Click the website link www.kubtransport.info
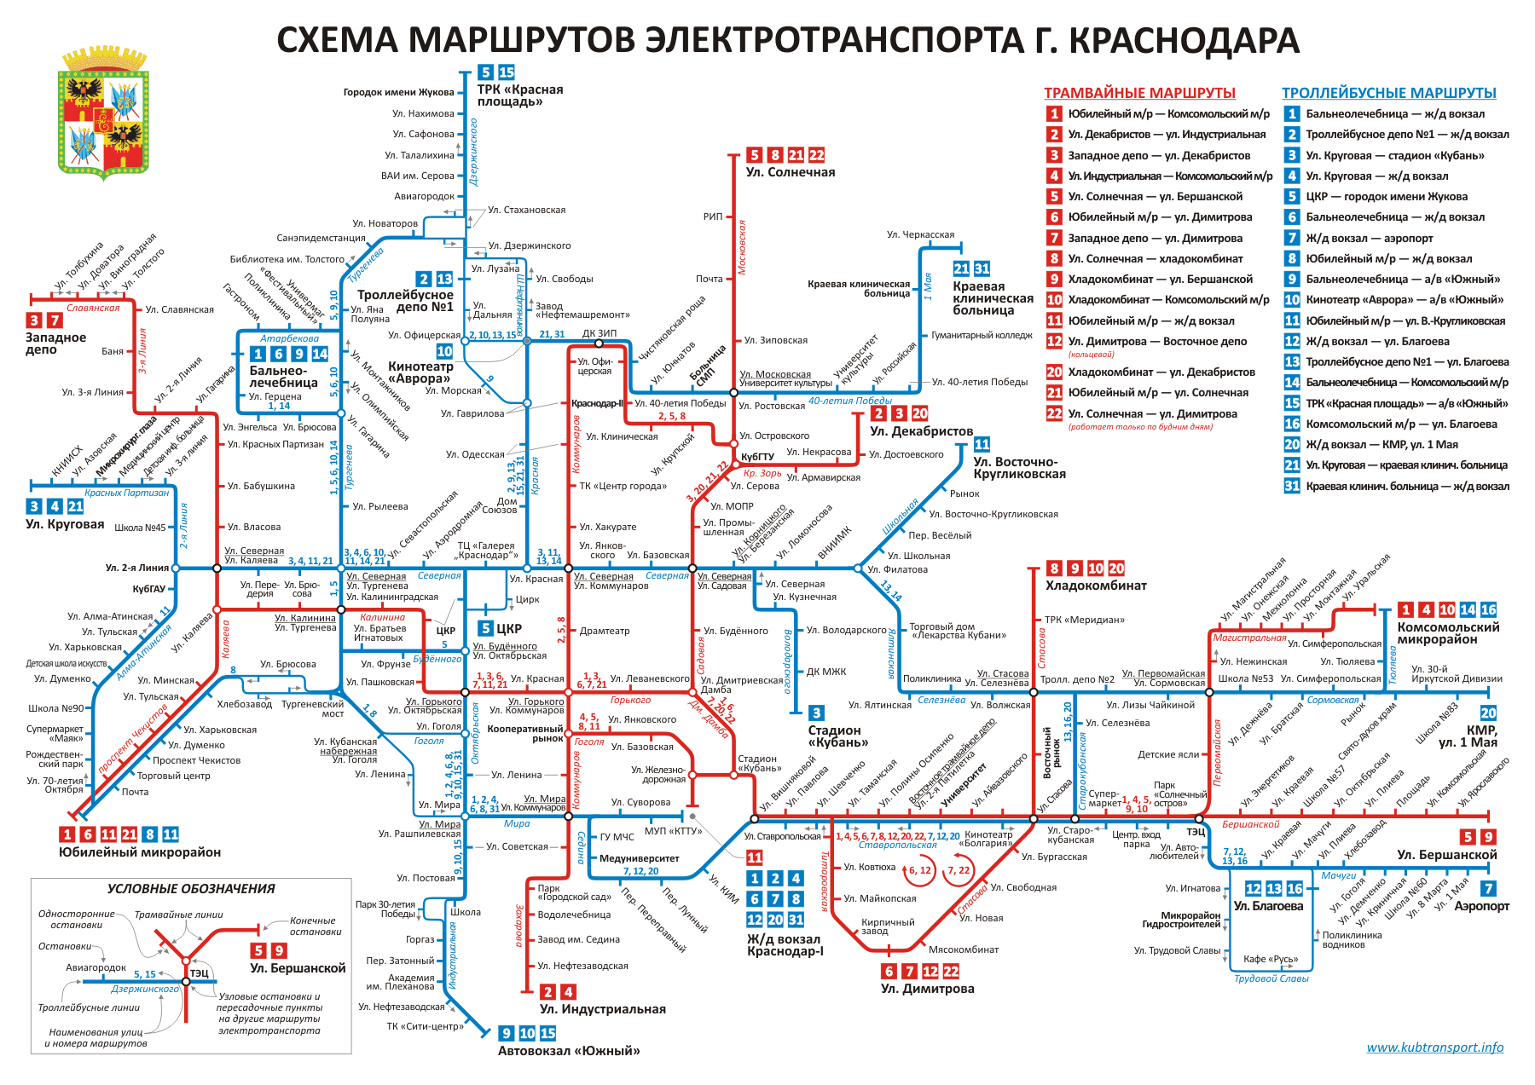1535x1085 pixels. tap(1434, 1047)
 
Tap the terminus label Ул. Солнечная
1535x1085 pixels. tap(790, 172)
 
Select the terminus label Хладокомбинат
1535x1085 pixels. tap(1096, 586)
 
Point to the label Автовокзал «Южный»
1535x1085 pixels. tap(569, 1051)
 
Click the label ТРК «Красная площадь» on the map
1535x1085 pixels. tap(519, 95)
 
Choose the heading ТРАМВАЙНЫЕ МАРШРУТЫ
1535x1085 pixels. tap(1139, 93)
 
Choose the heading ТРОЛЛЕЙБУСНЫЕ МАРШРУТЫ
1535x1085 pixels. tap(1388, 93)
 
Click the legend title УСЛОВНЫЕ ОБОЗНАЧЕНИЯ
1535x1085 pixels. tap(191, 889)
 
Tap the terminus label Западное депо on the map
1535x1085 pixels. tap(55, 343)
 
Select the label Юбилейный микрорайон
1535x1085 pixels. tap(140, 852)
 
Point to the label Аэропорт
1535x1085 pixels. tap(1481, 906)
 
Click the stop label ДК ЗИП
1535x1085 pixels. tap(600, 333)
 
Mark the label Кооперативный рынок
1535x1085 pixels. tap(524, 734)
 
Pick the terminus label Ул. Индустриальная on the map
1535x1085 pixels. tap(603, 1009)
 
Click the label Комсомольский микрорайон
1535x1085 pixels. tap(1448, 633)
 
